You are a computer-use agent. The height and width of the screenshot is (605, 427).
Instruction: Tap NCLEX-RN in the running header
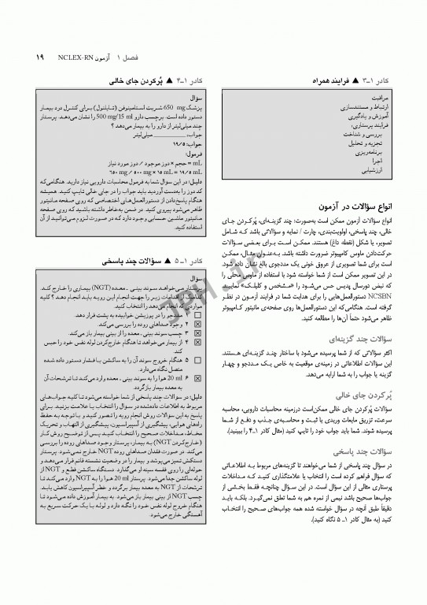click(75, 57)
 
